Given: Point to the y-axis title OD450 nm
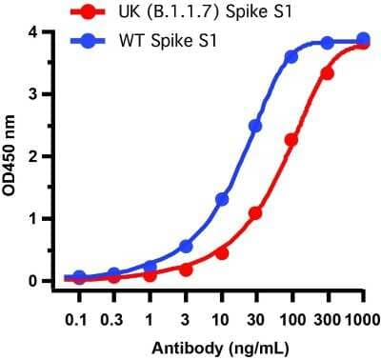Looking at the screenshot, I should (x=12, y=157).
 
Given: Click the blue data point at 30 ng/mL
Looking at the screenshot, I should (x=255, y=126).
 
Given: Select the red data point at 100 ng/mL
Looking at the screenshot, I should (x=291, y=140).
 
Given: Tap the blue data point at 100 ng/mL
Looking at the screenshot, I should (x=291, y=57).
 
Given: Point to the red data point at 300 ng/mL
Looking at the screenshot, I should (x=327, y=72).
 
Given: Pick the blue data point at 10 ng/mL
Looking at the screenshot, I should (x=222, y=199).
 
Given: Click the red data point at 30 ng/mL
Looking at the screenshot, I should (x=255, y=213).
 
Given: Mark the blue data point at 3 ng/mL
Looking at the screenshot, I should (x=186, y=246).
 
